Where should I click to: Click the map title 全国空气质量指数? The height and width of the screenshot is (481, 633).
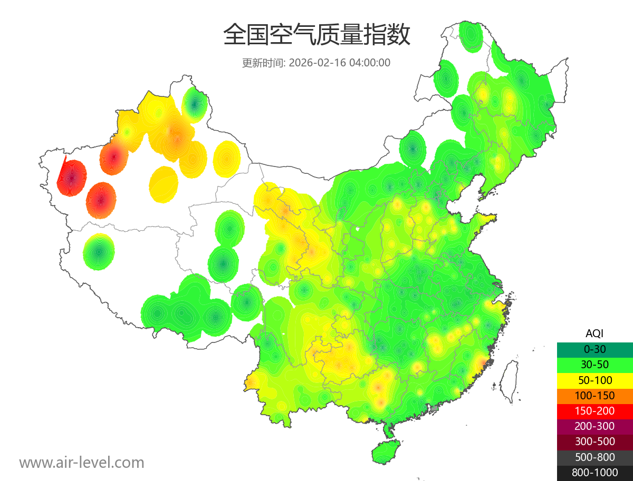[x=316, y=35]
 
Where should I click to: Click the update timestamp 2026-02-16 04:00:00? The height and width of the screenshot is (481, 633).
[x=340, y=63]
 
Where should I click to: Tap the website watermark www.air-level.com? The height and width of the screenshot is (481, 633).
[x=82, y=463]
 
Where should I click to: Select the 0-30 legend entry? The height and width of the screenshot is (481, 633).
[x=594, y=349]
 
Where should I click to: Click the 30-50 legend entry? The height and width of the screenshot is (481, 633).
[x=594, y=365]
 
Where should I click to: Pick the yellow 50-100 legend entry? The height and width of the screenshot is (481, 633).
[x=594, y=380]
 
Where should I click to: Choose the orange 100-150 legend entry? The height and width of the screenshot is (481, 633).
[x=594, y=396]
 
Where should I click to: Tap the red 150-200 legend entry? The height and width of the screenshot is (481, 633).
[x=594, y=411]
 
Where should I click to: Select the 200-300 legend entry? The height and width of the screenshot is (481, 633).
[x=594, y=426]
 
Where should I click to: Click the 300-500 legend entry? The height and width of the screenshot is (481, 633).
[x=594, y=441]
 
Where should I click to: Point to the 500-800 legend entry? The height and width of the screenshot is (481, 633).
[x=594, y=457]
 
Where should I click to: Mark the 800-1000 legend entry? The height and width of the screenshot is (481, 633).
[x=594, y=473]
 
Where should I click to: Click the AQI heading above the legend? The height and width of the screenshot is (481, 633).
[x=594, y=333]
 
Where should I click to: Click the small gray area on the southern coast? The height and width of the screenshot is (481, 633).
[x=435, y=408]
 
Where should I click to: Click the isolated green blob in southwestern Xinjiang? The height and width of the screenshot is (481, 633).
[x=99, y=252]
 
